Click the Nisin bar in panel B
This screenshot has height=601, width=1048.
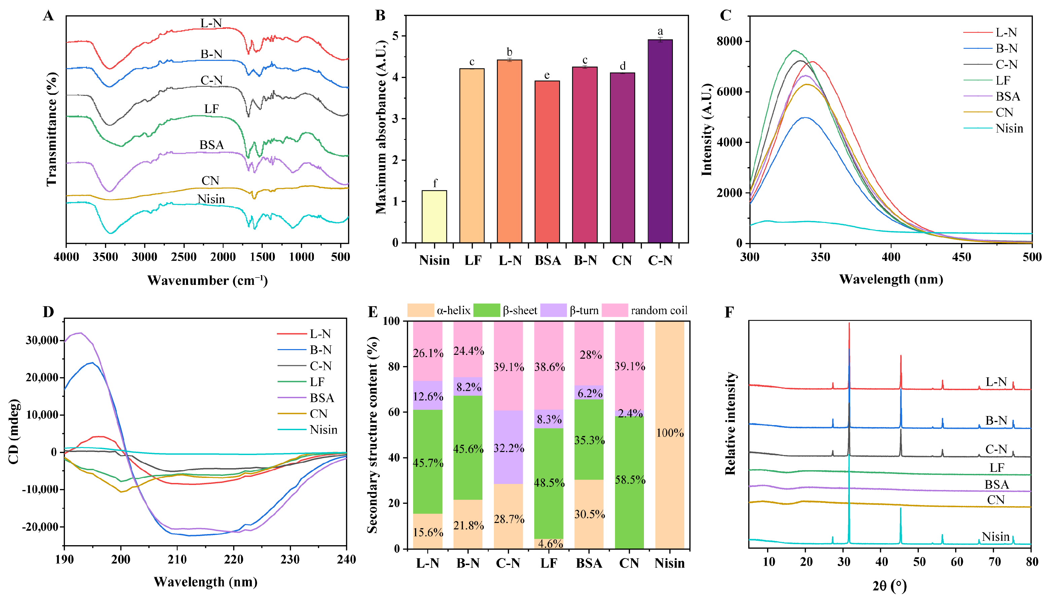434,216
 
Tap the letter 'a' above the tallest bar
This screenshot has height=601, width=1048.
660,31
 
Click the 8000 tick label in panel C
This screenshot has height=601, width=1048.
729,41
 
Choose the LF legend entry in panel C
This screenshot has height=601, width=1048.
1003,80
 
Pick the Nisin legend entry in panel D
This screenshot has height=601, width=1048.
323,430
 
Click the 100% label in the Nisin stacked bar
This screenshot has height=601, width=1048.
670,433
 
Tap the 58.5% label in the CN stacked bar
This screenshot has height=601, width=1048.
630,480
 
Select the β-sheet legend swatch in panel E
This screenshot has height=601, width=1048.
486,310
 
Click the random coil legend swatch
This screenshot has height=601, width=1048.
615,310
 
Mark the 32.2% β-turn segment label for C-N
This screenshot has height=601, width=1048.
509,448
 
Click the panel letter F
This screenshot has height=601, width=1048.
729,312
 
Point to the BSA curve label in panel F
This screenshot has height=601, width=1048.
997,484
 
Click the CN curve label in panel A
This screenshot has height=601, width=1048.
210,181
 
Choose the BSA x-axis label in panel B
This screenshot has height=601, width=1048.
547,260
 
